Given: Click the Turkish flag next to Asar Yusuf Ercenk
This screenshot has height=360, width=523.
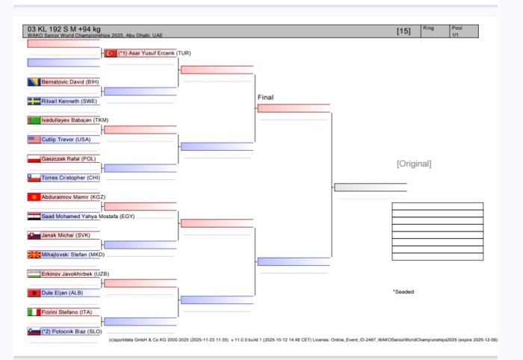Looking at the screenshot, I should (x=111, y=53).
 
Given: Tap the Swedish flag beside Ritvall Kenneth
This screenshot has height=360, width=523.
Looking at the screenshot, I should (x=34, y=101).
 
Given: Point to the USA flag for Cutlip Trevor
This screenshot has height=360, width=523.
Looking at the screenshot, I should (x=34, y=140).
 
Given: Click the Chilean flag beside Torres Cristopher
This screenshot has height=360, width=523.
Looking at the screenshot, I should (x=34, y=178).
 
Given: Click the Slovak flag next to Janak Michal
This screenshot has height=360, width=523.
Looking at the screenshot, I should (x=34, y=235).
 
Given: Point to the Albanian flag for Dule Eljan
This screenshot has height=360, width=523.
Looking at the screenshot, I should (x=34, y=294).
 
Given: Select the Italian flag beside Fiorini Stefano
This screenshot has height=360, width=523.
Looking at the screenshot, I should (x=34, y=312).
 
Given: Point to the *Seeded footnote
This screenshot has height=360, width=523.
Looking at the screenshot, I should (x=403, y=292).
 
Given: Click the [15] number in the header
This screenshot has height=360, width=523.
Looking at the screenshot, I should (x=403, y=31).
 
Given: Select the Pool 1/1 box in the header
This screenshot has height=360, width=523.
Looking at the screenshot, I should (x=461, y=31).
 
